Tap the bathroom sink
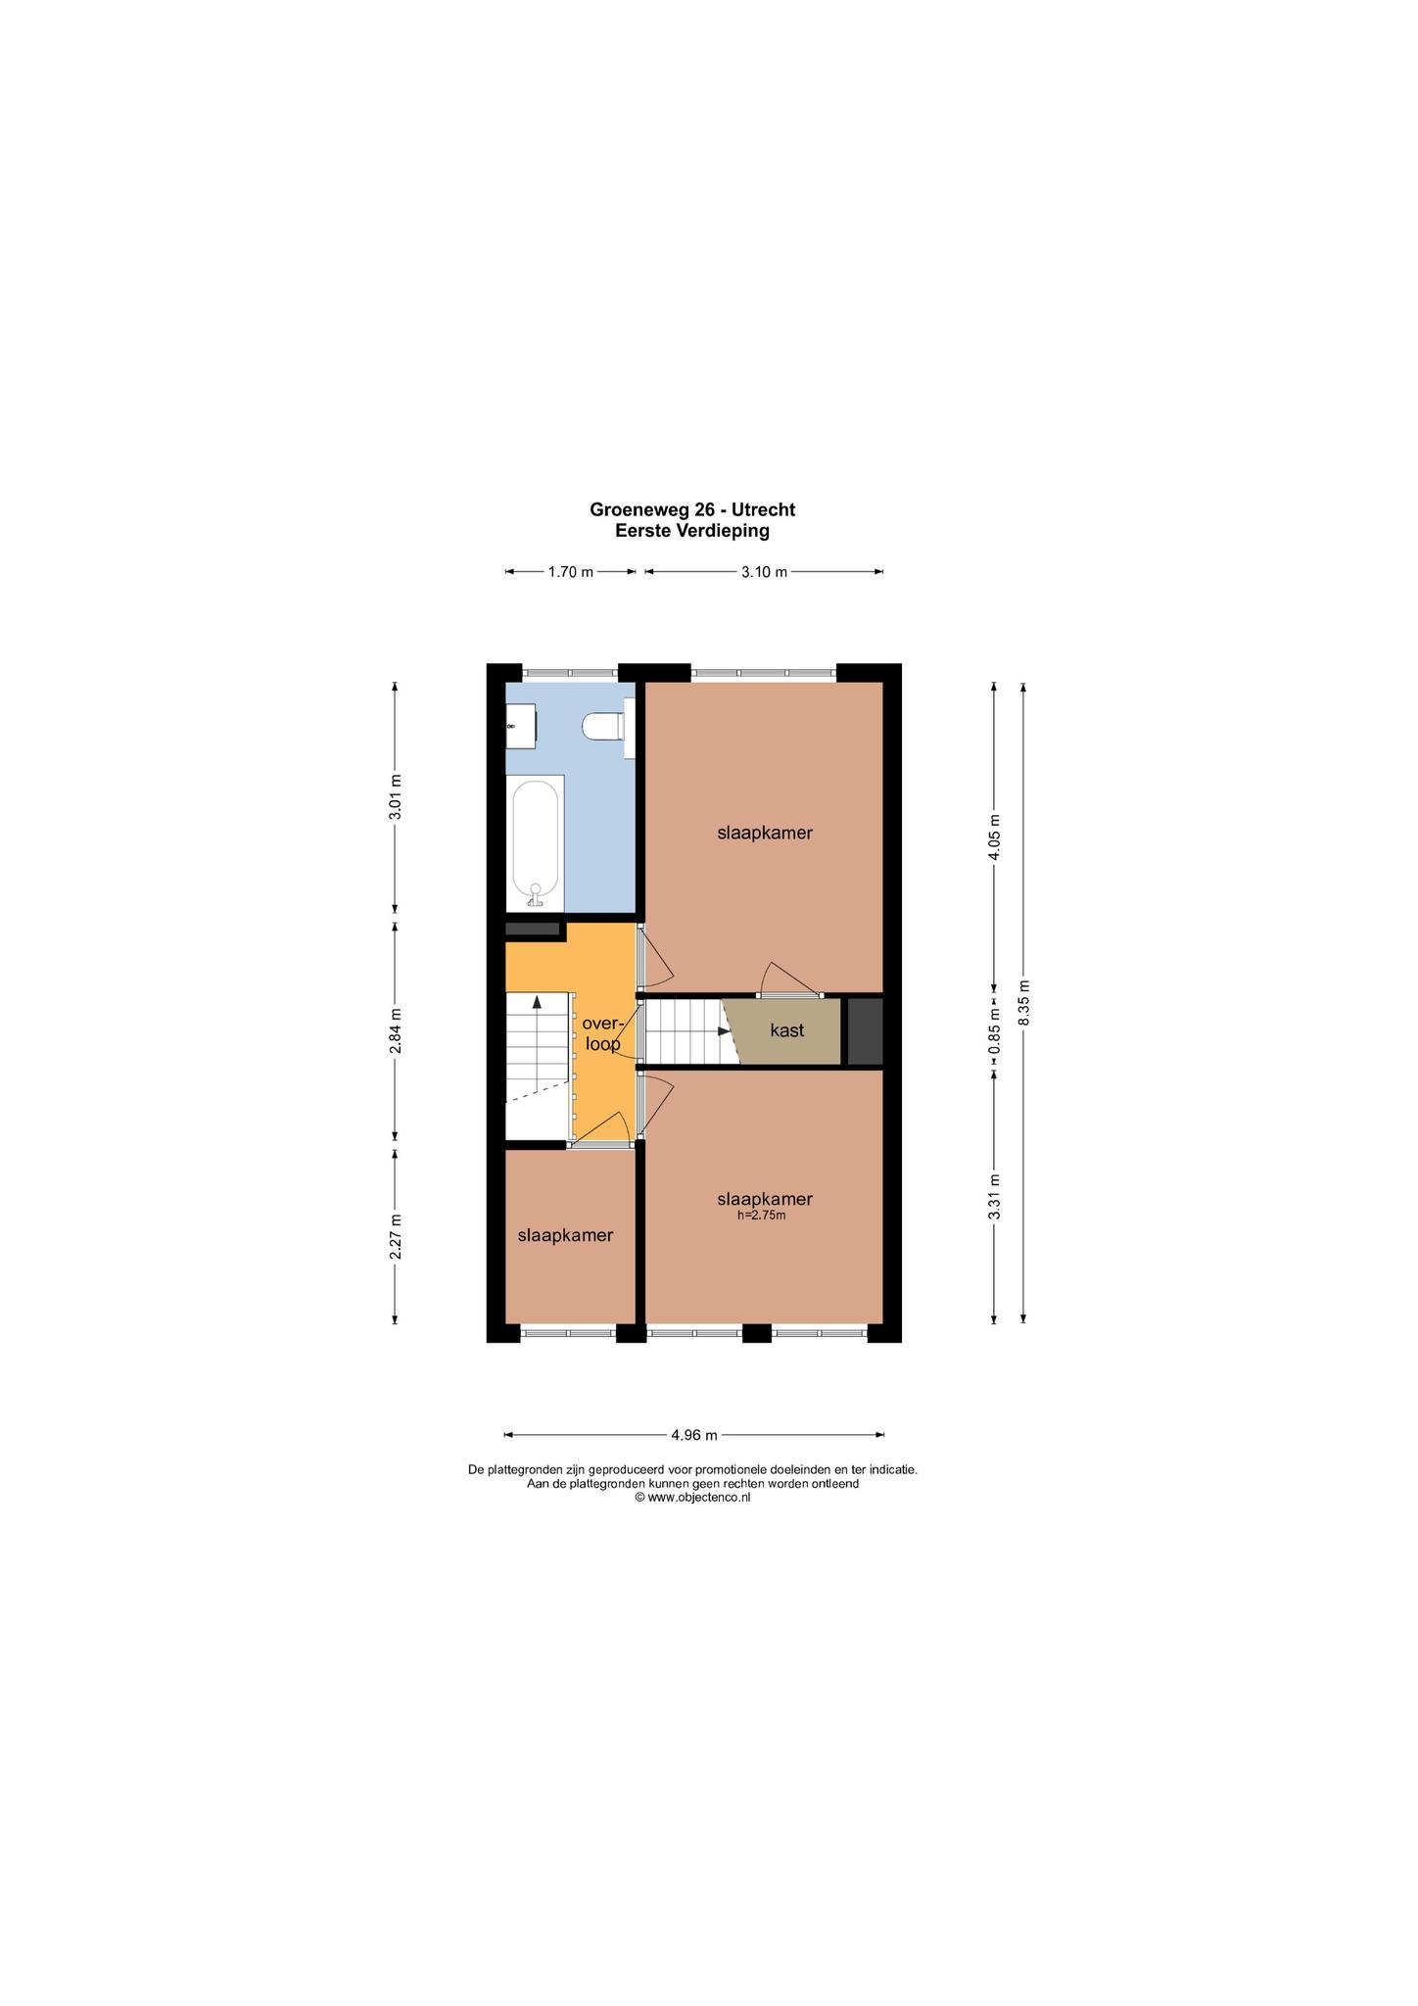[520, 726]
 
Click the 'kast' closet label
[787, 1030]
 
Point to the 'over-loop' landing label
[602, 1033]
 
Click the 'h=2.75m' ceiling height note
[762, 1216]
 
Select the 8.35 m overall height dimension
[1024, 1003]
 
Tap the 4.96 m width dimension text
[694, 1435]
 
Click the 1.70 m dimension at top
[571, 572]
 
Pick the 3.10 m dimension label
[764, 572]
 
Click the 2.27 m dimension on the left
[396, 1236]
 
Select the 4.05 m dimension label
[995, 837]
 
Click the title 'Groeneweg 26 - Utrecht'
[692, 509]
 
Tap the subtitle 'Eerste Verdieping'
[692, 531]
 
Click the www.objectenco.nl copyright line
[692, 1497]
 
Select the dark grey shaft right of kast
[865, 1030]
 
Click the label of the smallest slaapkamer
[566, 1235]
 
